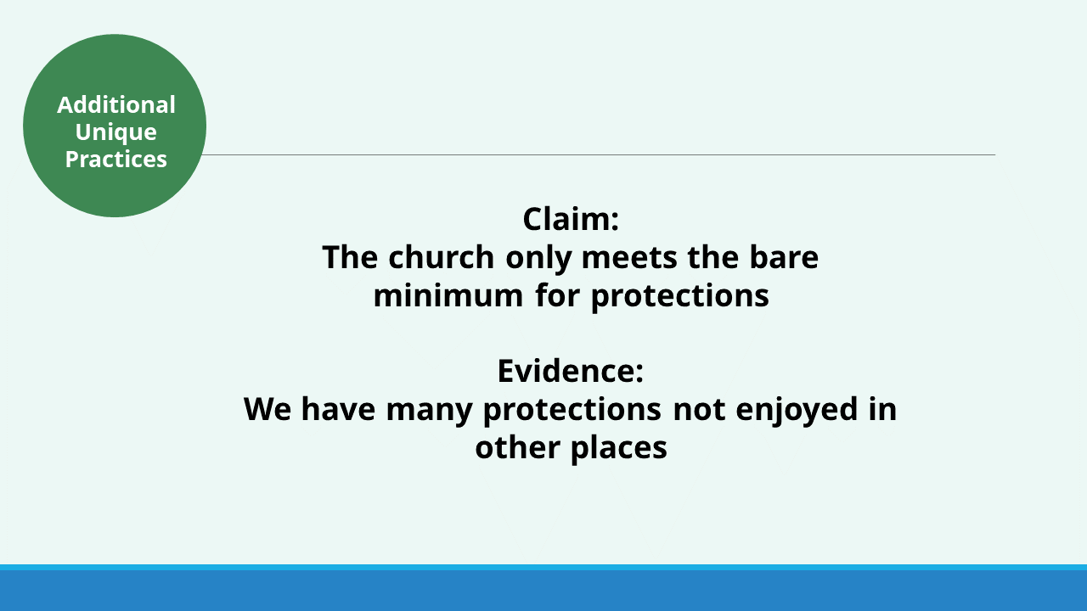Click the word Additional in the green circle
[116, 104]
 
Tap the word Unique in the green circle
[116, 132]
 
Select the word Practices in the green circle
[116, 159]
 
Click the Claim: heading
[571, 219]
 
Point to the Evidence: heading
[571, 371]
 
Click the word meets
[629, 257]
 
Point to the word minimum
[448, 294]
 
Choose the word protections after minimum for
[680, 296]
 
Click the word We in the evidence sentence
[268, 409]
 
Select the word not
[699, 409]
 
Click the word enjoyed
[797, 410]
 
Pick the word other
[517, 446]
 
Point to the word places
[619, 448]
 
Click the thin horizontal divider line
[598, 154]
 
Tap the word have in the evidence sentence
[338, 408]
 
